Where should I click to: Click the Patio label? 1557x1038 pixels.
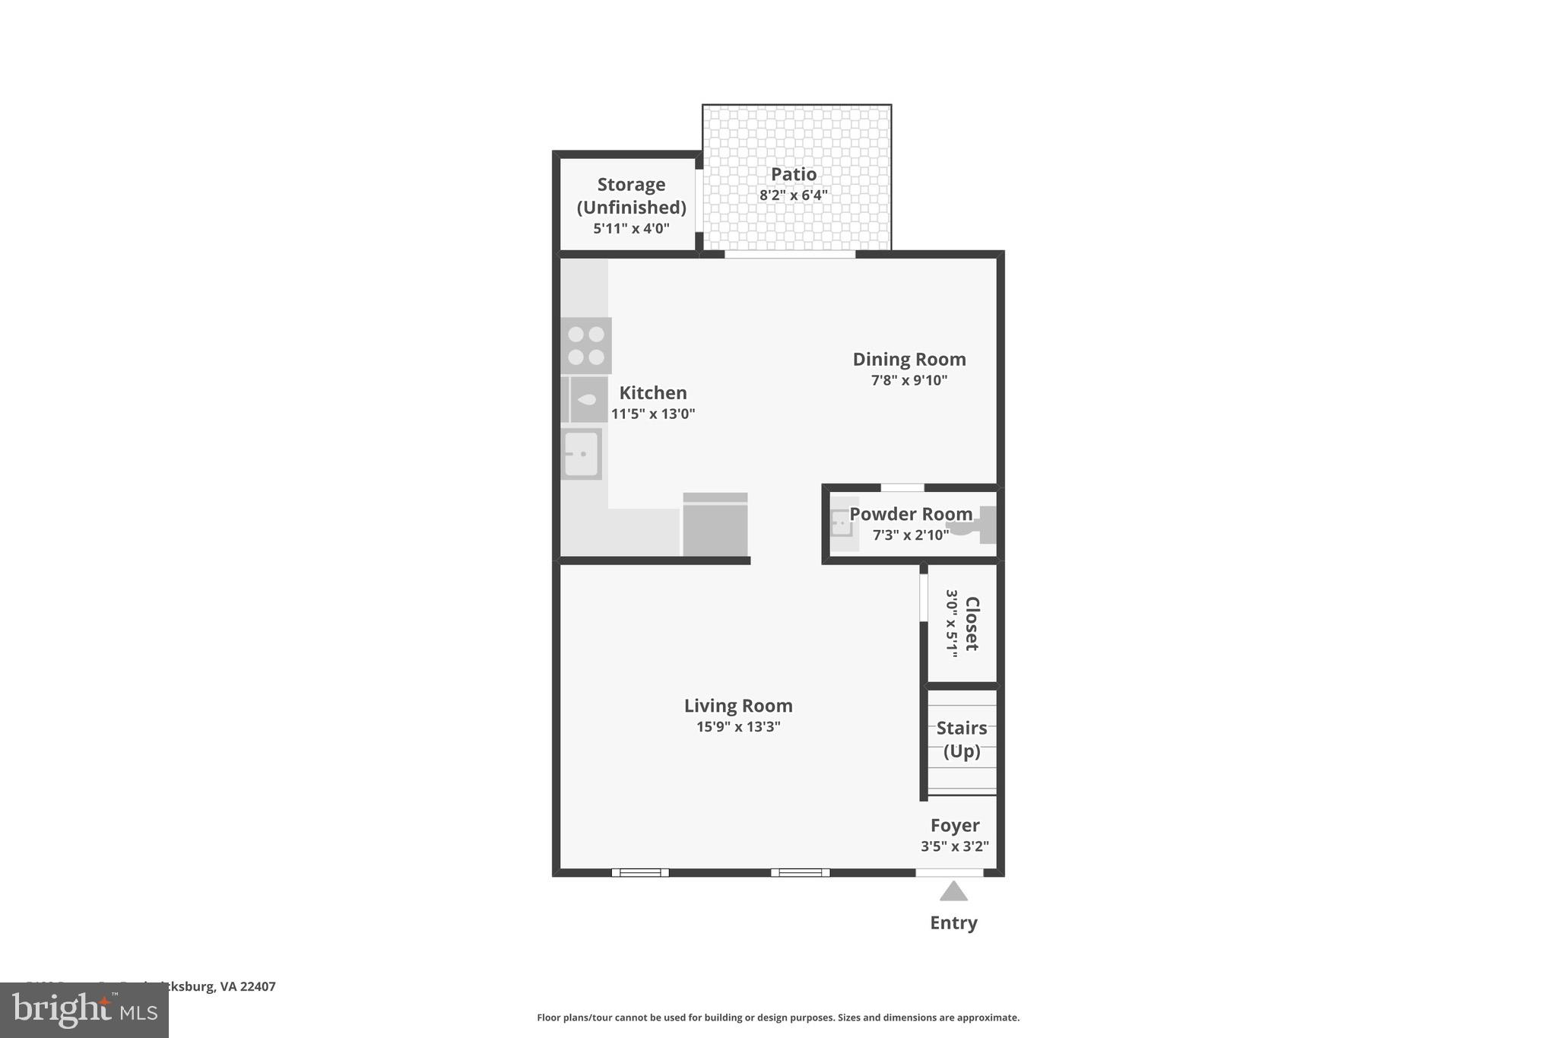pyautogui.click(x=794, y=174)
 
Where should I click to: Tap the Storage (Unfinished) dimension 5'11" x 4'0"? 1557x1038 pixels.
pyautogui.click(x=631, y=228)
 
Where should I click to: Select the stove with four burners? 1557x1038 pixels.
pyautogui.click(x=586, y=345)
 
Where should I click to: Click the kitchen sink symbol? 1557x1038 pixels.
pyautogui.click(x=582, y=454)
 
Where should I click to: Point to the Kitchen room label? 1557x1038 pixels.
pyautogui.click(x=652, y=392)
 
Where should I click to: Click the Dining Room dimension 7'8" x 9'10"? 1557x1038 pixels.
pyautogui.click(x=909, y=380)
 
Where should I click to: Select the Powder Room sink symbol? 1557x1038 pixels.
pyautogui.click(x=842, y=524)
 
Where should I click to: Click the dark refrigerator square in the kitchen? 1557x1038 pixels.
pyautogui.click(x=715, y=525)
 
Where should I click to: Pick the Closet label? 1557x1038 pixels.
pyautogui.click(x=972, y=624)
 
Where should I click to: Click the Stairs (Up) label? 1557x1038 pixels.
pyautogui.click(x=961, y=739)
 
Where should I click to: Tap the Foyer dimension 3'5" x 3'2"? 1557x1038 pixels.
pyautogui.click(x=954, y=846)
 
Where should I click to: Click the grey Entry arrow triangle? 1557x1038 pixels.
pyautogui.click(x=953, y=892)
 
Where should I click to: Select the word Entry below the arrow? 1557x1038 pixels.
pyautogui.click(x=953, y=922)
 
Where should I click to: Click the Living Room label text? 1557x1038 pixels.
pyautogui.click(x=737, y=706)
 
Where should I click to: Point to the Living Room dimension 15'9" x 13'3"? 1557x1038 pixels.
pyautogui.click(x=737, y=727)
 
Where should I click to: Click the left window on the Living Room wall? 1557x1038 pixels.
pyautogui.click(x=640, y=873)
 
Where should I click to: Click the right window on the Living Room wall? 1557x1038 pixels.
pyautogui.click(x=800, y=873)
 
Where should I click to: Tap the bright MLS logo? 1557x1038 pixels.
pyautogui.click(x=84, y=1011)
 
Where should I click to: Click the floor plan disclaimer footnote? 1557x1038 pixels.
pyautogui.click(x=778, y=1017)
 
